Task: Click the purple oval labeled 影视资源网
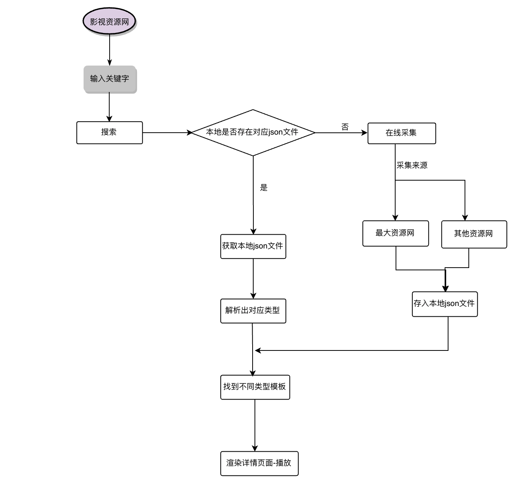[110, 21]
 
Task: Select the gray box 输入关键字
[110, 79]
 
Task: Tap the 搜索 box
[109, 133]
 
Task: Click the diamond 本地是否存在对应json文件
[253, 133]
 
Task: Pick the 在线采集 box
[401, 133]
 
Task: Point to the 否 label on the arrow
[345, 127]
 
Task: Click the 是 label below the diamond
[264, 187]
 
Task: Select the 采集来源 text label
[412, 165]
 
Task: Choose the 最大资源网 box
[395, 233]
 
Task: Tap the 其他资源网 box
[474, 234]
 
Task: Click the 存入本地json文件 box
[445, 304]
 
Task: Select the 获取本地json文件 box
[253, 246]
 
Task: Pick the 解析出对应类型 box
[253, 311]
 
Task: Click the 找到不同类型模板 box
[255, 387]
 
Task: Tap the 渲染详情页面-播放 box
[259, 463]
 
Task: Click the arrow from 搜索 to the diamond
[167, 133]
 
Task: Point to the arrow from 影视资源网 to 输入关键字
[110, 50]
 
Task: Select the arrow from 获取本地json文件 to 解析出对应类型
[253, 278]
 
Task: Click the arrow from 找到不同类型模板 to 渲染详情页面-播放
[255, 425]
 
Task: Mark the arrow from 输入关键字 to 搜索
[109, 107]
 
